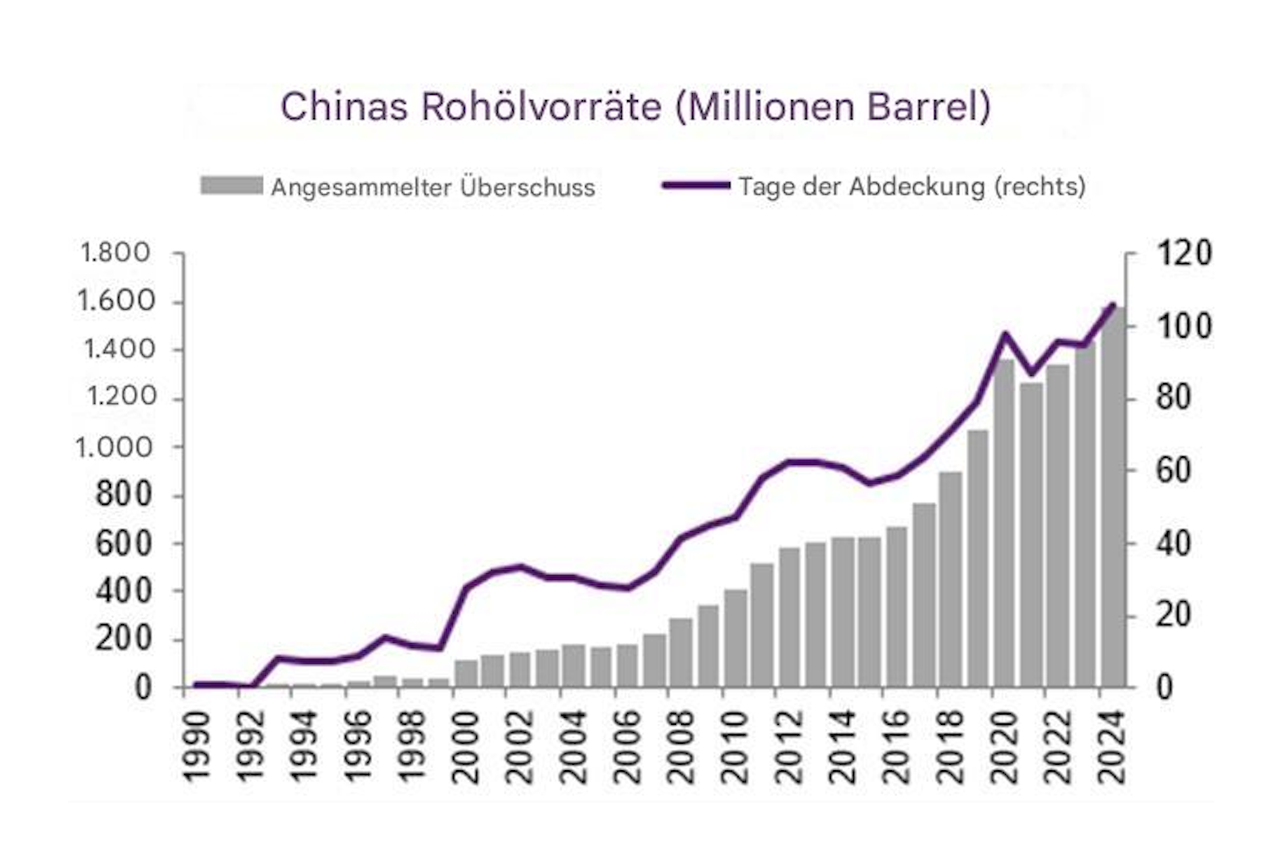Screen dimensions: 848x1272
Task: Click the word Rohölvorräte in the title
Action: coord(541,107)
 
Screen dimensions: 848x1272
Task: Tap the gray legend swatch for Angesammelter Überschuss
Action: coord(231,186)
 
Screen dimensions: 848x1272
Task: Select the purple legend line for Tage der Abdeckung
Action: coord(696,185)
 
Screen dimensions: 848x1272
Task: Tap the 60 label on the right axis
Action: coord(1173,470)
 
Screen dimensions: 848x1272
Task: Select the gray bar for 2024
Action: coord(1113,497)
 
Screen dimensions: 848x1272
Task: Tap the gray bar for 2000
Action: coord(466,673)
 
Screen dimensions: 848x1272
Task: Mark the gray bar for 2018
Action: coord(951,579)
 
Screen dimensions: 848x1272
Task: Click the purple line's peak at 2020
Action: coord(1005,334)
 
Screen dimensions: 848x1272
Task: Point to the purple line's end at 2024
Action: coord(1113,305)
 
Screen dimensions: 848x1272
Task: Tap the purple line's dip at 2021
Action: coord(1032,374)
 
